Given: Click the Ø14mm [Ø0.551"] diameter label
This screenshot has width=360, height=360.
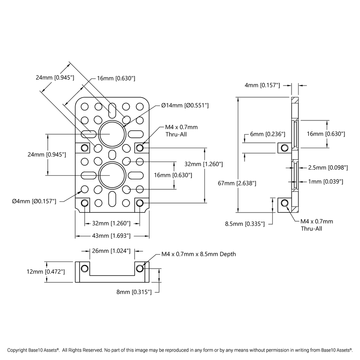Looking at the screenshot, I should [x=184, y=105].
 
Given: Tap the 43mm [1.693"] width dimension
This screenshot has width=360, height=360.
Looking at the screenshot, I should [x=112, y=236].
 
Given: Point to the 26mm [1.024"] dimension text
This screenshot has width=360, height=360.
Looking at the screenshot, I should [x=112, y=251].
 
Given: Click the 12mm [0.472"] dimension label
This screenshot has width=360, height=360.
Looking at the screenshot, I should [x=28, y=272].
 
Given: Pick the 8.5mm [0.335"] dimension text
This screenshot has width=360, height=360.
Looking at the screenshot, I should [x=245, y=224].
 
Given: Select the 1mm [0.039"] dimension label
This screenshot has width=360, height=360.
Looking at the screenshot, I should [x=326, y=181].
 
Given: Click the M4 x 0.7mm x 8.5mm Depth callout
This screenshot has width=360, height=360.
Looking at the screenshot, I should [x=198, y=254].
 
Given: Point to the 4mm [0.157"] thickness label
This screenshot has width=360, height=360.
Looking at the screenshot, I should [x=262, y=85].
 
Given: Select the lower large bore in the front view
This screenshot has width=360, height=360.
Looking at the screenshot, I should [x=112, y=175].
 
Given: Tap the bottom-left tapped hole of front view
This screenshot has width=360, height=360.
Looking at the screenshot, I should [x=85, y=203].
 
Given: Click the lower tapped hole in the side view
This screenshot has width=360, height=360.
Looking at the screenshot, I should [x=284, y=203].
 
